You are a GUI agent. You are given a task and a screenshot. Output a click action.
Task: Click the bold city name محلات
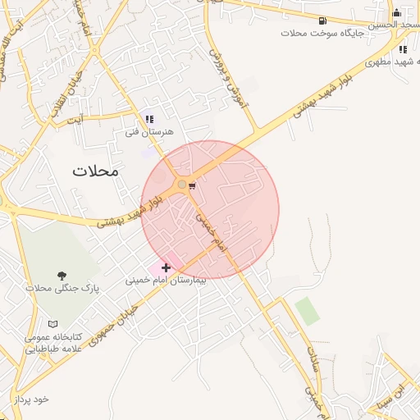pyautogui.click(x=95, y=171)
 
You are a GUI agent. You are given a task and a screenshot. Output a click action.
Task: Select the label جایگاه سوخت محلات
pyautogui.click(x=316, y=34)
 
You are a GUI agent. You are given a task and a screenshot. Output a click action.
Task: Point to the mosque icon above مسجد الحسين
pyautogui.click(x=397, y=12)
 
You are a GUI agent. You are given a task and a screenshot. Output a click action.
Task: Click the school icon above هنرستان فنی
pyautogui.click(x=149, y=120)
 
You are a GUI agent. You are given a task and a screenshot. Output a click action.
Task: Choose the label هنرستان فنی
pyautogui.click(x=153, y=131)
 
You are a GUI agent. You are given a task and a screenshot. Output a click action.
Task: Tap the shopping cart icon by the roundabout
pyautogui.click(x=192, y=187)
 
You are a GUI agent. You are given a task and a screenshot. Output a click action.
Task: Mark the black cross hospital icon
pyautogui.click(x=167, y=267)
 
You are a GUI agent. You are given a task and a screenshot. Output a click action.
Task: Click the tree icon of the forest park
pyautogui.click(x=62, y=276)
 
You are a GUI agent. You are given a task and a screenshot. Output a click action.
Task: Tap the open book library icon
pyautogui.click(x=53, y=325)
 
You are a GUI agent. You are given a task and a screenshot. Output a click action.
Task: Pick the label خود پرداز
pyautogui.click(x=31, y=399)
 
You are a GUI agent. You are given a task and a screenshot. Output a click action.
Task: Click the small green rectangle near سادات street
pyautogui.click(x=306, y=311)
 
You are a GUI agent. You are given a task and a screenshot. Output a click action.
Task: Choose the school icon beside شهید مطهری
pyautogui.click(x=402, y=49)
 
